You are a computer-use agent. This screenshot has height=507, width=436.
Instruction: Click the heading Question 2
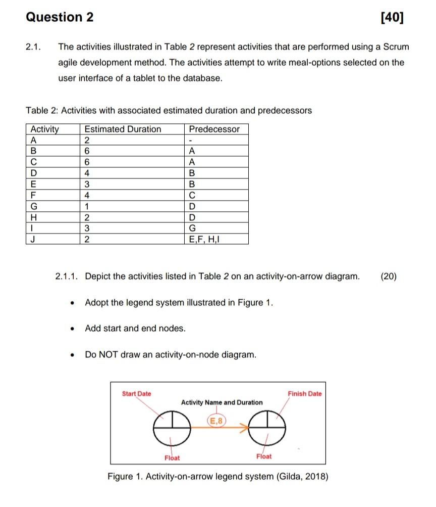[60, 17]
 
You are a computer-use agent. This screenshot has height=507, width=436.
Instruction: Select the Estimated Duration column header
[123, 129]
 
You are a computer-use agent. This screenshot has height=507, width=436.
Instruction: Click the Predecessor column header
[214, 129]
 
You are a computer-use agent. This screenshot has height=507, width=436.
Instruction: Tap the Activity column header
[45, 129]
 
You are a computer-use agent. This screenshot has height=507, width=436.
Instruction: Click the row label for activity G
[34, 206]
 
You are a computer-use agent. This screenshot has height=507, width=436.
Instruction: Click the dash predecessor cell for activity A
[191, 140]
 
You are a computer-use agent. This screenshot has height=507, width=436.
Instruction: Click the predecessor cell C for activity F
[191, 195]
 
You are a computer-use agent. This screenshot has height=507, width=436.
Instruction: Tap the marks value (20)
[389, 276]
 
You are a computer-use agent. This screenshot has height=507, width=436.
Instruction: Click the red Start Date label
[136, 393]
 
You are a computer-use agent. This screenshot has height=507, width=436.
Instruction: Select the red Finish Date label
[304, 393]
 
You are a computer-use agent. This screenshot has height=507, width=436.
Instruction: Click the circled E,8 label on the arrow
[216, 420]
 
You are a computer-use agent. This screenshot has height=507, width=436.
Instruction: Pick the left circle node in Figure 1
[171, 428]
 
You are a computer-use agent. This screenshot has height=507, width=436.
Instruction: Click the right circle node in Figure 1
[268, 428]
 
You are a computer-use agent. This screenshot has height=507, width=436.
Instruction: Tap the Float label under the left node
[172, 457]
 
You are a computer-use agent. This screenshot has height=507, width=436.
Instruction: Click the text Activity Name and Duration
[222, 402]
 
